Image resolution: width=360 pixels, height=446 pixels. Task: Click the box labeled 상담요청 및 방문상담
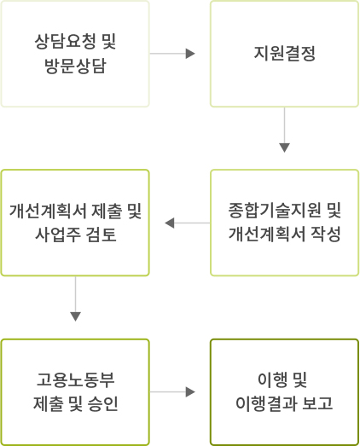click(75, 54)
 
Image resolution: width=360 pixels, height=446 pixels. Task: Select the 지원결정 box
click(284, 54)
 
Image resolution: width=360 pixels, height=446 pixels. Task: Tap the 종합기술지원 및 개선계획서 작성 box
click(284, 223)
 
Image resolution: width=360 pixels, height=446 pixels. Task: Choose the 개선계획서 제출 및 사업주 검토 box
click(75, 223)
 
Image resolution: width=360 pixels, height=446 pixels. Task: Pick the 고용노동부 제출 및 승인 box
click(75, 392)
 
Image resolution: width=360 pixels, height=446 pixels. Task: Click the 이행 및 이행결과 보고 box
click(284, 392)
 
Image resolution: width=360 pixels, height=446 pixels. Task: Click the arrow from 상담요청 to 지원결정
click(172, 54)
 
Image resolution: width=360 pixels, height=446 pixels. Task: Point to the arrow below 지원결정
click(284, 130)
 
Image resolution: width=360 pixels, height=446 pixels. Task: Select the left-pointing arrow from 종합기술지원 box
click(188, 223)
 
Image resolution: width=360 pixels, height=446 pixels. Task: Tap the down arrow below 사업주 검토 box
click(75, 299)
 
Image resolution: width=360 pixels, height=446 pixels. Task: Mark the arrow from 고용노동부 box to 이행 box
click(172, 392)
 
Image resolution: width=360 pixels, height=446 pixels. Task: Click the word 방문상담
click(75, 67)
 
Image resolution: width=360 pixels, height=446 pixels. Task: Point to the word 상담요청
click(65, 42)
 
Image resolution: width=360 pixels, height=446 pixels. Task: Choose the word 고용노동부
click(75, 379)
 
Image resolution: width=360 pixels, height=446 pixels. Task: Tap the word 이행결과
click(266, 403)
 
